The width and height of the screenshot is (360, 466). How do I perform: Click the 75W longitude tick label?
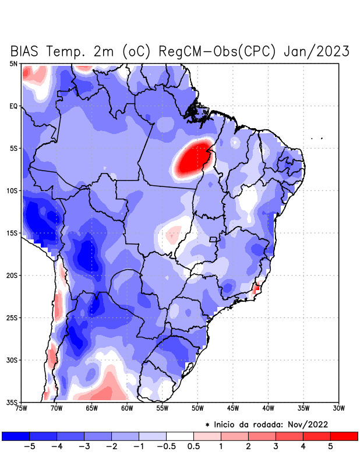click(x=22, y=408)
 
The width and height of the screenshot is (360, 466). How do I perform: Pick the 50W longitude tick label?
click(x=197, y=408)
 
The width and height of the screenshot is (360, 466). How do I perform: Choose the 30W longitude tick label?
click(x=339, y=408)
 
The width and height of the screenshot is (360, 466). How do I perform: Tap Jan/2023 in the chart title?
click(x=316, y=51)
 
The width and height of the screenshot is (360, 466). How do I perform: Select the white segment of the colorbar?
click(x=180, y=436)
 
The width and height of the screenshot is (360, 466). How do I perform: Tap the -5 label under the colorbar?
click(x=29, y=447)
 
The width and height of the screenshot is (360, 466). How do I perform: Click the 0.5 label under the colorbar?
click(x=193, y=447)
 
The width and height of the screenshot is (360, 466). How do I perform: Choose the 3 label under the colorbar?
click(x=276, y=447)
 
